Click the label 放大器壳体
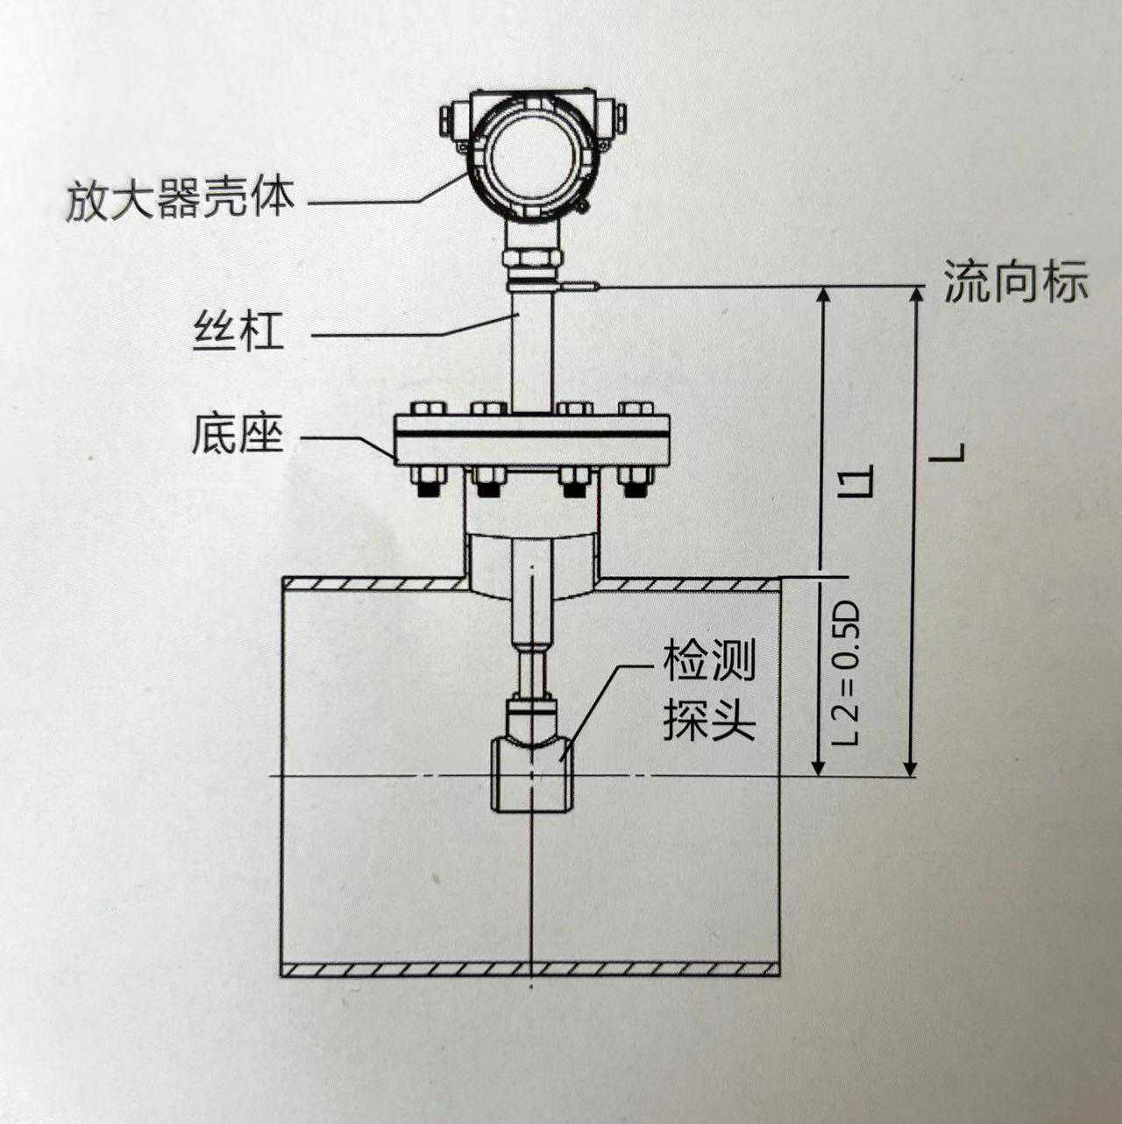click(180, 199)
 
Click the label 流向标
click(1015, 282)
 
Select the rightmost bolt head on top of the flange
click(636, 409)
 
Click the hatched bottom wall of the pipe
click(531, 969)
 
